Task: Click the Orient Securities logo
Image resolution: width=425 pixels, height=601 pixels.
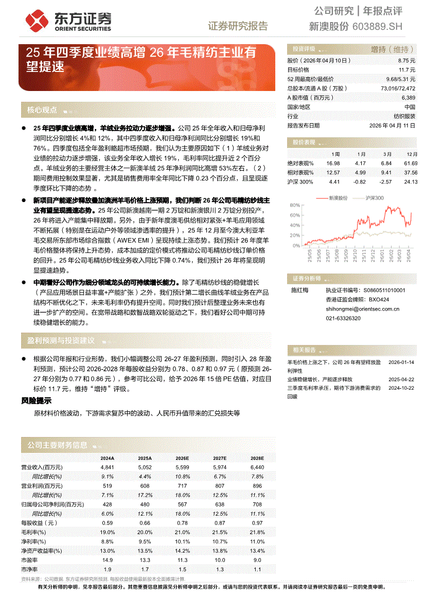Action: click(68, 21)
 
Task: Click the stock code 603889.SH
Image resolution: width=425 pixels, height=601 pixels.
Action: click(378, 27)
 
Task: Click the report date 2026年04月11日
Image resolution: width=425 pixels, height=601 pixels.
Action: click(392, 125)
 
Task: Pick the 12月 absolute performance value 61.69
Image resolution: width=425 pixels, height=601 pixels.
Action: click(410, 163)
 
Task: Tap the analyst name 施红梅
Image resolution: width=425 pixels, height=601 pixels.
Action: click(299, 290)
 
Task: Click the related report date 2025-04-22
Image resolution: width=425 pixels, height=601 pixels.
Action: click(401, 379)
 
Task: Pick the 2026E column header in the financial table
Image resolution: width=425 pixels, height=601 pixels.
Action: click(182, 458)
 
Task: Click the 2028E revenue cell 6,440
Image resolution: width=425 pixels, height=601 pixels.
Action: click(256, 467)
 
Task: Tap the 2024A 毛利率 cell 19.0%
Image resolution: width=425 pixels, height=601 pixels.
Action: click(107, 532)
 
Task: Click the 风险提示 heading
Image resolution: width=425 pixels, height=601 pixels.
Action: click(36, 400)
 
